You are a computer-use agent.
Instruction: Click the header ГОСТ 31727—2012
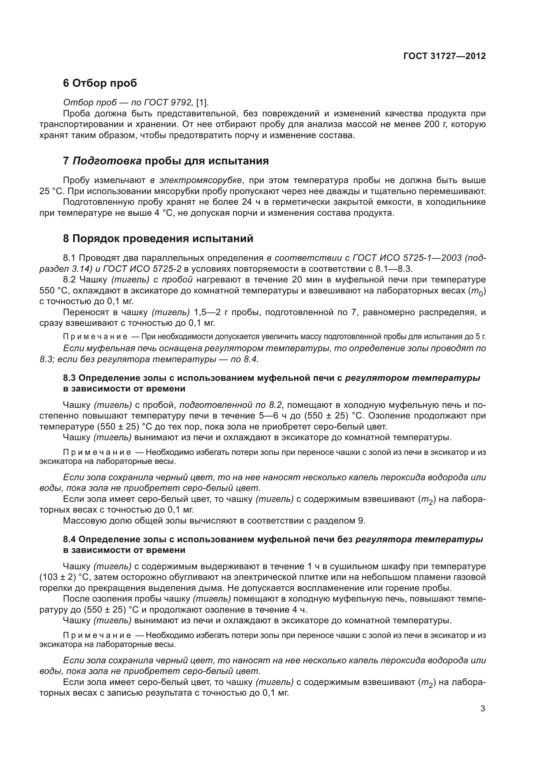click(444, 56)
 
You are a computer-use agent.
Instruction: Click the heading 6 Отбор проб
click(100, 83)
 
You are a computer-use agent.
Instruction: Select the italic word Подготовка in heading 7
click(107, 161)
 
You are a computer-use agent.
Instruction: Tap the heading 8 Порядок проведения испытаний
click(158, 238)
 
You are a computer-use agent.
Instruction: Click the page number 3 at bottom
click(483, 709)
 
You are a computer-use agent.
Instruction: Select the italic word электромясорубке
click(201, 180)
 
